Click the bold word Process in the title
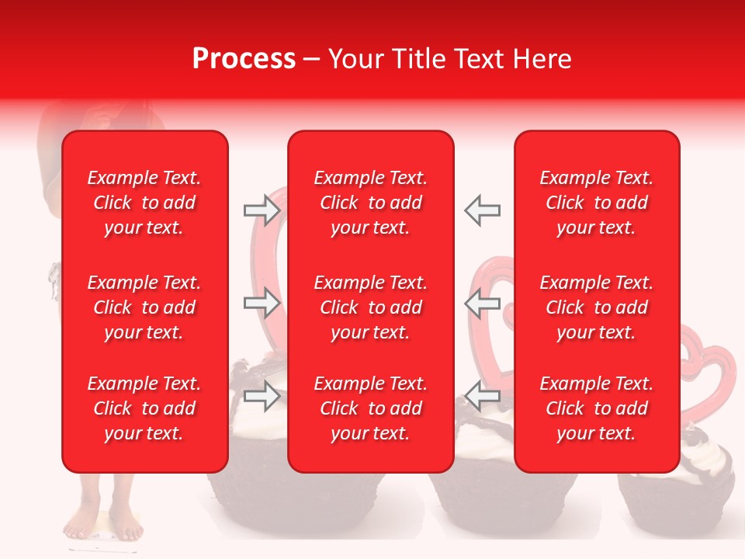pyautogui.click(x=244, y=59)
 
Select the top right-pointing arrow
pyautogui.click(x=262, y=210)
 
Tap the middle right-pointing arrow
pyautogui.click(x=262, y=303)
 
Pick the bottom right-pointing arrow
pyautogui.click(x=262, y=396)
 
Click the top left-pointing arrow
pyautogui.click(x=482, y=210)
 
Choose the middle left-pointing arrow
pyautogui.click(x=482, y=303)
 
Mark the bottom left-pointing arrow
pyautogui.click(x=482, y=396)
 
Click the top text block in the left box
pyautogui.click(x=144, y=203)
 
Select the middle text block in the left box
pyautogui.click(x=144, y=307)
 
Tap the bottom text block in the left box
pyautogui.click(x=144, y=408)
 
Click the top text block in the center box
pyautogui.click(x=371, y=203)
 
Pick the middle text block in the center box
pyautogui.click(x=371, y=307)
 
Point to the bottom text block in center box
pyautogui.click(x=371, y=408)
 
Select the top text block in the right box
pyautogui.click(x=597, y=203)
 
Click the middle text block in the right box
pyautogui.click(x=597, y=307)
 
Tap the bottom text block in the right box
pyautogui.click(x=597, y=408)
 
